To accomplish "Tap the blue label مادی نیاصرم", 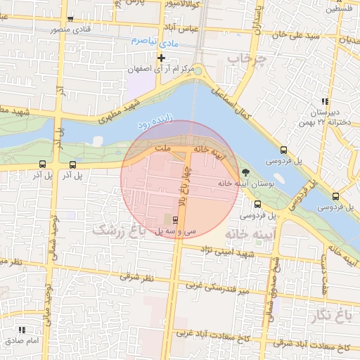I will click(151, 42).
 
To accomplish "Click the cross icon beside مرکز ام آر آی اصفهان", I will click(162, 57).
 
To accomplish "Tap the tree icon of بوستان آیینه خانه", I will click(245, 172).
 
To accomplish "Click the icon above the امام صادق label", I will click(22, 329).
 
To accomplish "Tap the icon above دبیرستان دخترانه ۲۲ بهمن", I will click(324, 101).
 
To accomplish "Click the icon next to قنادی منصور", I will click(70, 19).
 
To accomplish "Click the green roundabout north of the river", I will click(198, 70).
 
